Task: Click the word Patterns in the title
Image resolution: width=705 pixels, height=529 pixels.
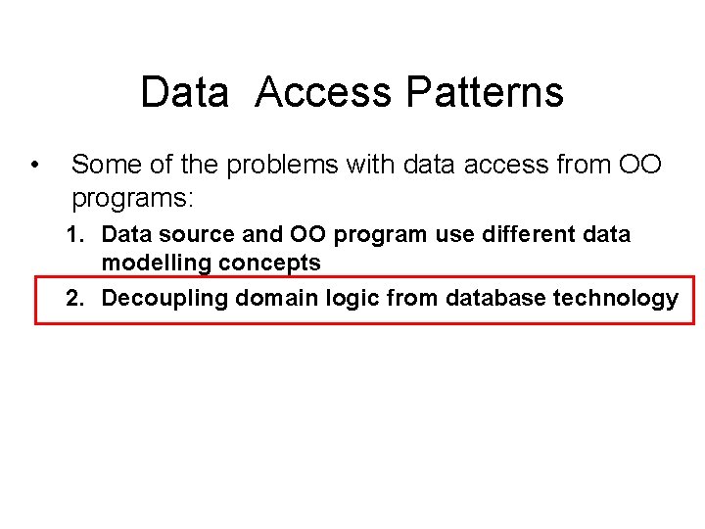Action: [484, 92]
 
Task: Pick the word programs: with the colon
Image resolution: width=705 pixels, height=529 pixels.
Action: [133, 199]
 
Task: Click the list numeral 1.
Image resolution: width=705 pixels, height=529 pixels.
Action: [73, 235]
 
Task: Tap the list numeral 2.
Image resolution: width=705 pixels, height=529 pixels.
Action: [73, 299]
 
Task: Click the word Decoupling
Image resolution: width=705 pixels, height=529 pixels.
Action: [164, 299]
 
